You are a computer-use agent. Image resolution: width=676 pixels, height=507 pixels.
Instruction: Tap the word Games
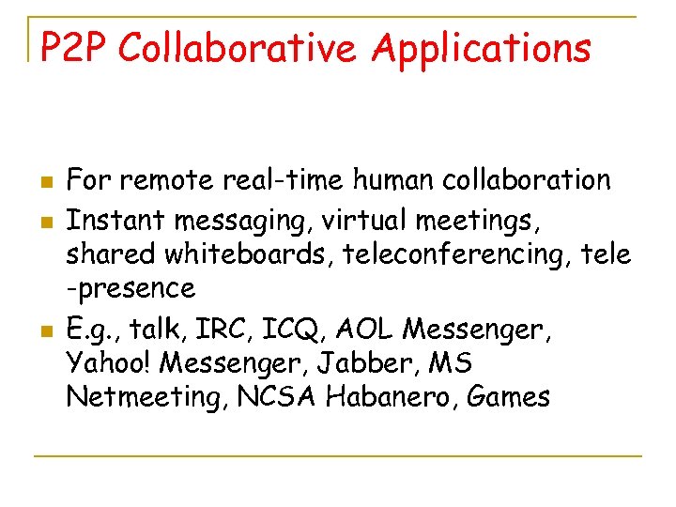[508, 396]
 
